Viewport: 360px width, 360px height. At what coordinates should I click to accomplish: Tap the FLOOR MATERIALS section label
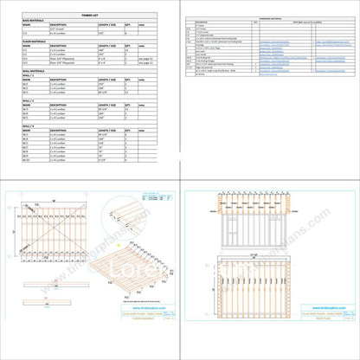(x=36, y=42)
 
